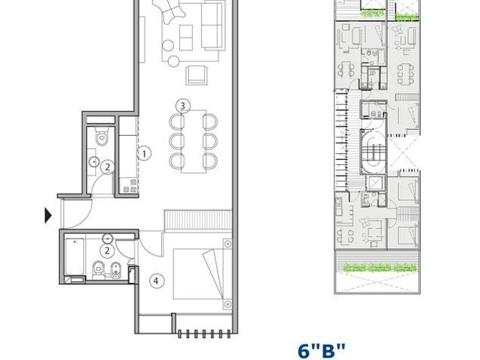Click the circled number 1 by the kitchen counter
click(x=144, y=153)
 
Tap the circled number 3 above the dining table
click(x=183, y=106)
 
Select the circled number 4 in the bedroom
click(x=156, y=280)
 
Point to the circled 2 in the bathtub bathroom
click(x=107, y=250)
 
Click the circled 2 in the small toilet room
click(x=107, y=167)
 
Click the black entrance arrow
click(x=48, y=215)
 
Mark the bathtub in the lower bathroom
click(x=74, y=256)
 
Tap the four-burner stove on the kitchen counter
click(x=130, y=186)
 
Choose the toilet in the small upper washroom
click(x=101, y=136)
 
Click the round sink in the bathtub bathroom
click(x=107, y=238)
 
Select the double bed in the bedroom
click(x=198, y=274)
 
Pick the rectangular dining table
click(x=193, y=142)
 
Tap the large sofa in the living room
click(x=211, y=25)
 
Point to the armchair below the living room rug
click(x=196, y=75)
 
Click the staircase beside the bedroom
click(x=198, y=220)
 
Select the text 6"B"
click(x=322, y=351)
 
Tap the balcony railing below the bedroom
click(x=204, y=334)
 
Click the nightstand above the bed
click(x=227, y=244)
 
